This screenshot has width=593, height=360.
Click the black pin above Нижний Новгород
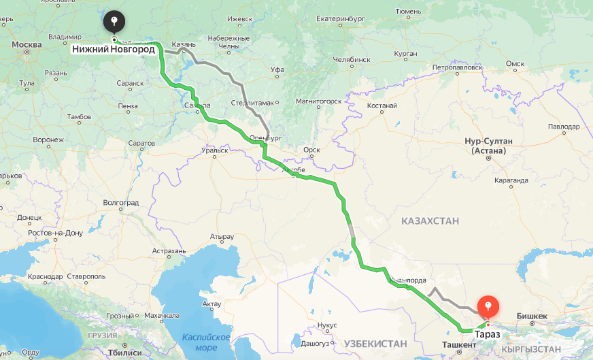pos(114,21)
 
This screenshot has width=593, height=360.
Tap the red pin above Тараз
pos(488,308)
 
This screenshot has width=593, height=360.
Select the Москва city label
pos(27,45)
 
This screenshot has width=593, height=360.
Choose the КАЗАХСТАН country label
pos(430,221)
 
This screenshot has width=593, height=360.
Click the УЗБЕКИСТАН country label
pos(375,343)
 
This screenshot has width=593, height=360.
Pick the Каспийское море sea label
pos(207,342)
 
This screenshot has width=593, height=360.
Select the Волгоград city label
pos(120,203)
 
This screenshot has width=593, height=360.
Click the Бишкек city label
pos(532,316)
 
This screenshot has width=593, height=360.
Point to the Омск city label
pos(515,64)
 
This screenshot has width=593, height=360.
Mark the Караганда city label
pos(511,180)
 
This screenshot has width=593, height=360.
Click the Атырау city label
pos(222,237)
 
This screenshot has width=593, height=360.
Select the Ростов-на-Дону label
pos(55,233)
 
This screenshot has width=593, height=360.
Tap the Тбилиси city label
pos(125,353)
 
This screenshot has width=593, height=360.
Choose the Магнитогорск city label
pos(318,101)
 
